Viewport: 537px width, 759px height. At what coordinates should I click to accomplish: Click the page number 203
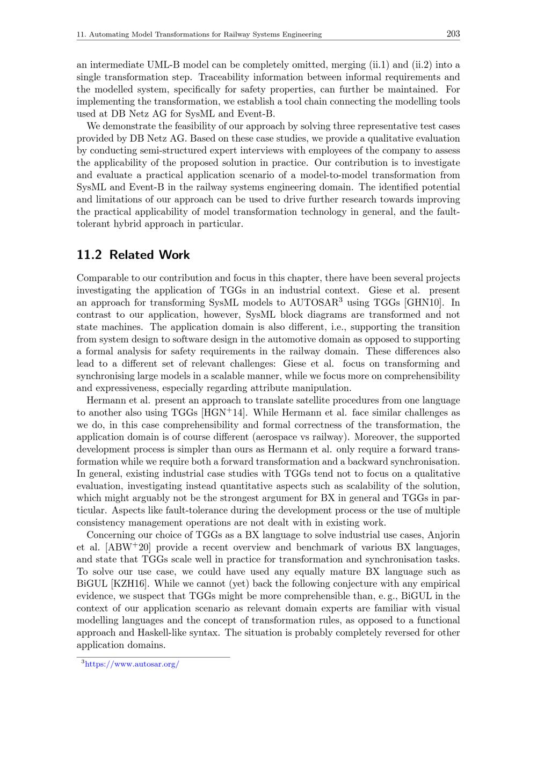(x=453, y=34)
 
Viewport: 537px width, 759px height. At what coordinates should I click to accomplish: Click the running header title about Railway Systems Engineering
(x=199, y=34)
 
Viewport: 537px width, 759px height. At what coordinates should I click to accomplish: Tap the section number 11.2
(x=89, y=255)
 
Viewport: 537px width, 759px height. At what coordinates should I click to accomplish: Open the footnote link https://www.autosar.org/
(x=132, y=664)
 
